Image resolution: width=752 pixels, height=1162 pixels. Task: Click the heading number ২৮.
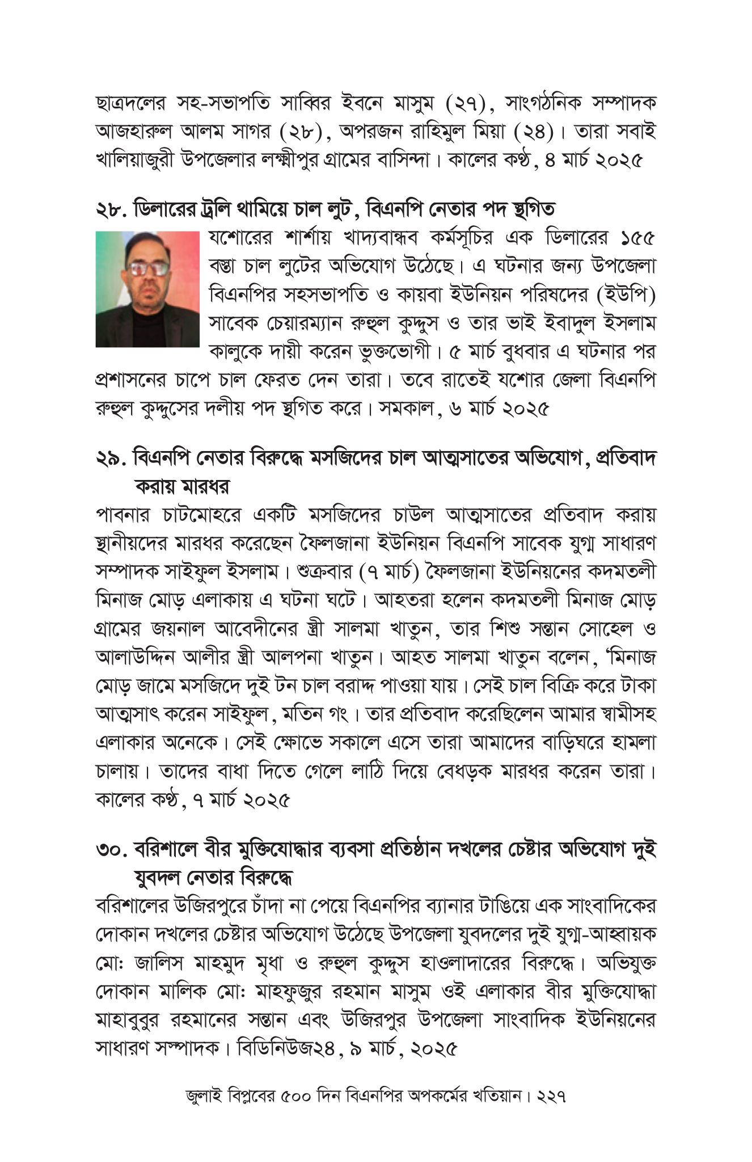pyautogui.click(x=111, y=209)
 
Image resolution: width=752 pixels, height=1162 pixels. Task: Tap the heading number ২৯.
pyautogui.click(x=111, y=458)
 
